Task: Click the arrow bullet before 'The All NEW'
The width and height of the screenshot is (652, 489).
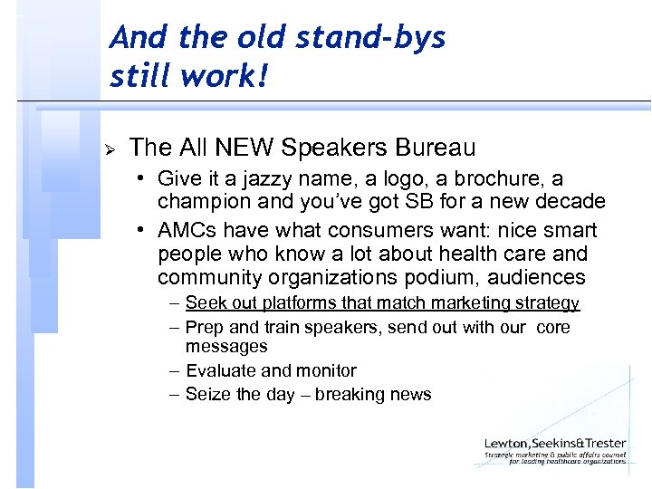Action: click(110, 148)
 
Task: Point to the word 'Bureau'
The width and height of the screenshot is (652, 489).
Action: click(434, 147)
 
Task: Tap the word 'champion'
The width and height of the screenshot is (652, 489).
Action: click(202, 201)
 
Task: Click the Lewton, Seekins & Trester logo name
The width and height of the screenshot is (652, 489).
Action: click(553, 444)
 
